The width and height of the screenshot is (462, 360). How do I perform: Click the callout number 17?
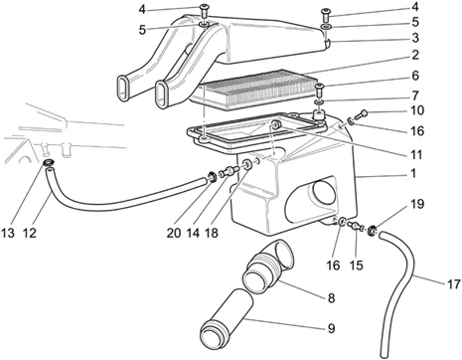pyautogui.click(x=454, y=284)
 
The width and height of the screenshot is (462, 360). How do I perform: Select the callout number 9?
pyautogui.click(x=331, y=328)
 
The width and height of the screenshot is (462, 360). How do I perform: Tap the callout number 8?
pyautogui.click(x=331, y=298)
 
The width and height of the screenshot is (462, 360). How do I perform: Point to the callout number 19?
pyautogui.click(x=417, y=204)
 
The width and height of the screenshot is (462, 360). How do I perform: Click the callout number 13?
pyautogui.click(x=8, y=233)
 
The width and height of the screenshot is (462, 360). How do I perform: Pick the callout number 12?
pyautogui.click(x=30, y=233)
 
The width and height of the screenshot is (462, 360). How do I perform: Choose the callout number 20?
pyautogui.click(x=174, y=233)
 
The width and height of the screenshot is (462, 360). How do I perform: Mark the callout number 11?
pyautogui.click(x=416, y=154)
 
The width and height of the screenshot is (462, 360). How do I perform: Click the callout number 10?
pyautogui.click(x=417, y=110)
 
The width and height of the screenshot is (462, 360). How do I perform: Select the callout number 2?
pyautogui.click(x=415, y=55)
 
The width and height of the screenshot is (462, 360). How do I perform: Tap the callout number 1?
pyautogui.click(x=413, y=173)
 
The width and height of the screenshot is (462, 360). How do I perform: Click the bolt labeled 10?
pyautogui.click(x=362, y=115)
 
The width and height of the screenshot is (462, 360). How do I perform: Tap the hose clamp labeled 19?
pyautogui.click(x=373, y=229)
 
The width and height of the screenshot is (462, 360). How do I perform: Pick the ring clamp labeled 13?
pyautogui.click(x=49, y=163)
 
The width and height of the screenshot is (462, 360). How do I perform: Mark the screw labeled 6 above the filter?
pyautogui.click(x=320, y=90)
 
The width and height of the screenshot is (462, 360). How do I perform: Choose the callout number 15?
pyautogui.click(x=356, y=266)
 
